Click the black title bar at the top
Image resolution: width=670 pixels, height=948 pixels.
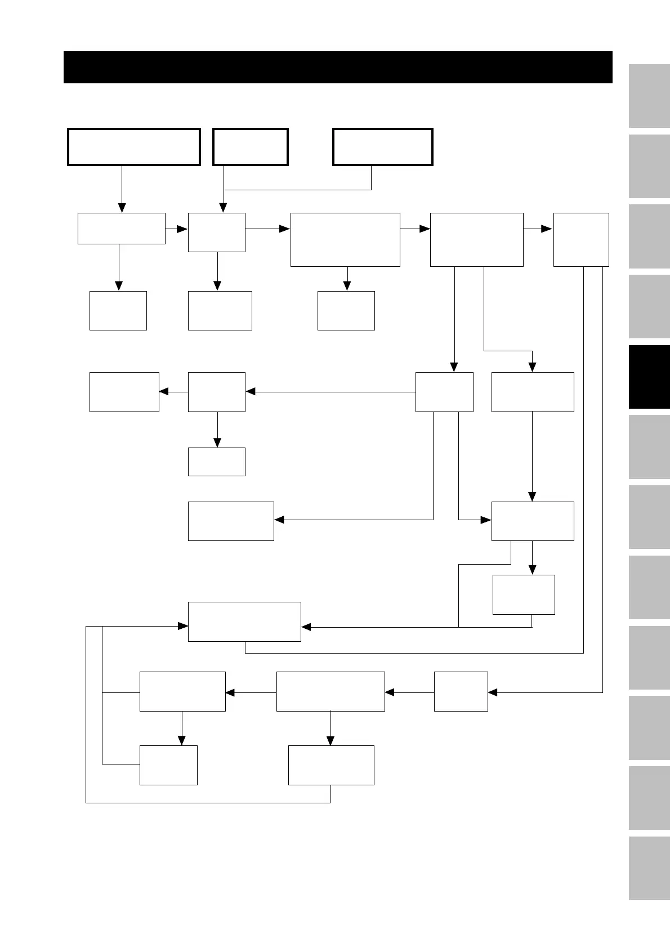(x=338, y=67)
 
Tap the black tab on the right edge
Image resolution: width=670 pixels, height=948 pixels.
(x=649, y=377)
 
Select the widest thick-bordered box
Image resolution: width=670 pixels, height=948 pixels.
(x=134, y=147)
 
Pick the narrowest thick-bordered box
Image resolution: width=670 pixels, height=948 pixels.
(x=251, y=147)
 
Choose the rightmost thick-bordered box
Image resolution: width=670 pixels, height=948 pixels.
(x=383, y=147)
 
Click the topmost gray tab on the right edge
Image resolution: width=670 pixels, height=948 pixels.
(x=649, y=96)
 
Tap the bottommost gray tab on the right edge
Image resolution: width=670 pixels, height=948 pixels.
(x=649, y=869)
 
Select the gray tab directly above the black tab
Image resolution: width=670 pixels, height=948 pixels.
(x=649, y=306)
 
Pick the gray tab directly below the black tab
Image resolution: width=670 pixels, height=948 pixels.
(x=649, y=447)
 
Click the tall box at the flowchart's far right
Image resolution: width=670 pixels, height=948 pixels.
(x=581, y=239)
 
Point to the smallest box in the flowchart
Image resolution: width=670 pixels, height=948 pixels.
(x=217, y=462)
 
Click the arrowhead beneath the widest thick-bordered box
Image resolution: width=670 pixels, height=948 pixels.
(x=122, y=208)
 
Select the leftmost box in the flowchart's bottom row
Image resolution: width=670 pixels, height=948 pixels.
(x=168, y=765)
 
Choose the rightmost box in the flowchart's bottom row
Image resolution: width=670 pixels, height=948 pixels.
(x=331, y=765)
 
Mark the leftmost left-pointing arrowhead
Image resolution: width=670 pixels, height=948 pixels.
(x=164, y=392)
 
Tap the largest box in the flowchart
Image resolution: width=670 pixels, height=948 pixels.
(x=345, y=239)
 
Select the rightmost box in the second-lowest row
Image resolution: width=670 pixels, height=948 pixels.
(x=461, y=691)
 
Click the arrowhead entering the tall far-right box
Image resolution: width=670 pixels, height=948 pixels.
(x=547, y=229)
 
